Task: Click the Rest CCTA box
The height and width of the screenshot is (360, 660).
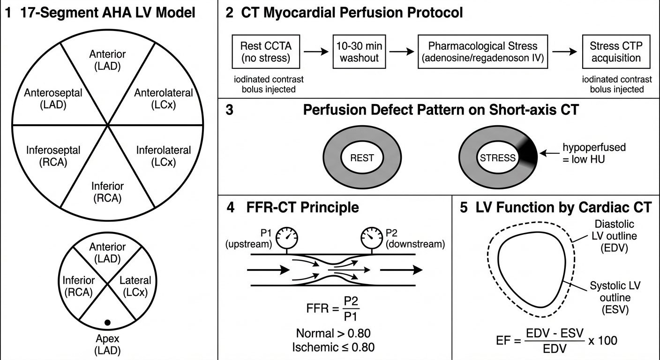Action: coord(266,52)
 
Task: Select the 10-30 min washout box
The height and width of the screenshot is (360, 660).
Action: coord(358,52)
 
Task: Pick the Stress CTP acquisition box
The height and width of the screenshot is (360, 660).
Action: coord(615,52)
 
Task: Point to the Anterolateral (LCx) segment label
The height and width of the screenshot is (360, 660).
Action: coord(163,98)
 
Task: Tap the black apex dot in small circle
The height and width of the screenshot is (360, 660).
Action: coord(107,322)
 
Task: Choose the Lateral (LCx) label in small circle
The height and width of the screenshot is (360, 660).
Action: coord(135,286)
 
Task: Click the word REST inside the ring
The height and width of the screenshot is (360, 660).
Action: coord(362,157)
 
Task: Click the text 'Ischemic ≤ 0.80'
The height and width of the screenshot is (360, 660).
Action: coord(333,347)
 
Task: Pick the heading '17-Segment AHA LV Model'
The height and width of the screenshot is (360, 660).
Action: coord(99,13)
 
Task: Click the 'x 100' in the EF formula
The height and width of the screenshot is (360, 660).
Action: coord(603,340)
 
